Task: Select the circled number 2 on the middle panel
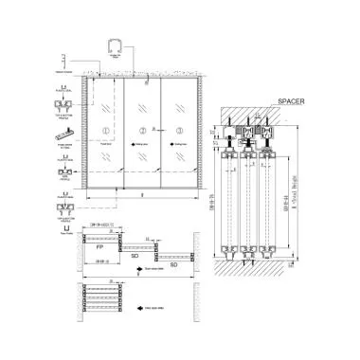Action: click(x=142, y=131)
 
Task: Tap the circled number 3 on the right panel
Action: click(x=177, y=131)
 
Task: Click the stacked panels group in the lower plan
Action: click(x=100, y=297)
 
